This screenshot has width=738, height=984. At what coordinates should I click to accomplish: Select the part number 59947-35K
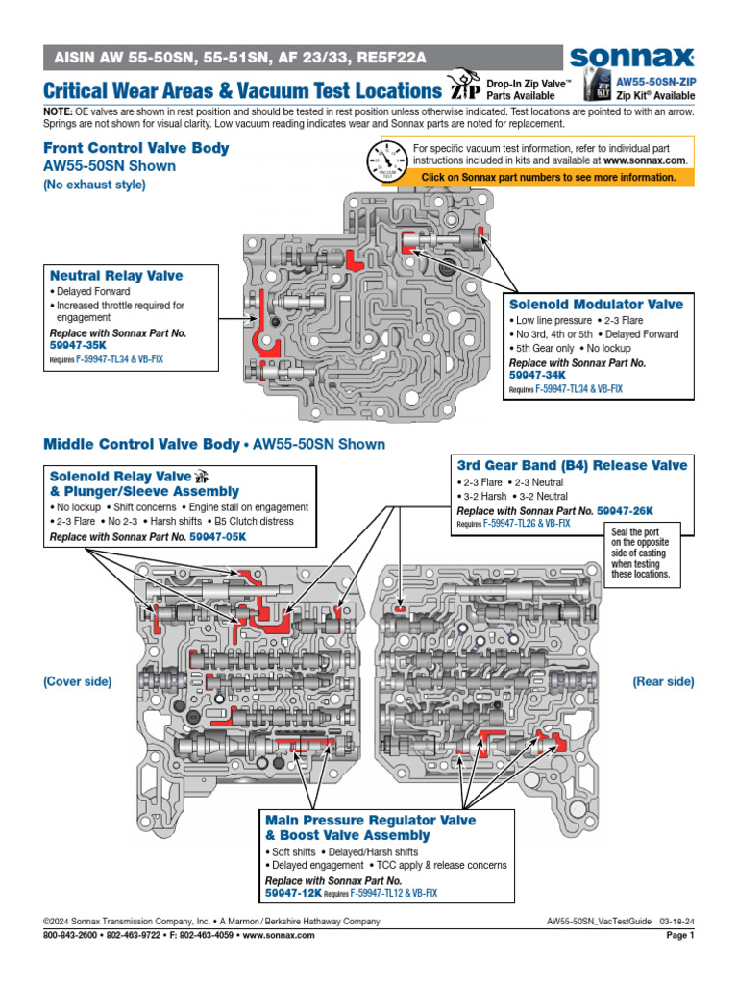tap(77, 345)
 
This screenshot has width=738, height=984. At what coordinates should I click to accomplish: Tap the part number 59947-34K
tap(536, 376)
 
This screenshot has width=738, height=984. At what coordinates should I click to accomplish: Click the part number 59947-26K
tap(625, 512)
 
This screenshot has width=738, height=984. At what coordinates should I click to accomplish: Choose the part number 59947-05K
tap(217, 536)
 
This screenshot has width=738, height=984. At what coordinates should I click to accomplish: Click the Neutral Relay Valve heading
tap(116, 276)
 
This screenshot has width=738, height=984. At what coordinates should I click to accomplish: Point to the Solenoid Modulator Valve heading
tap(596, 305)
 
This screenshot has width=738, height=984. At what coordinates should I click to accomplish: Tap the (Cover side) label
tap(77, 681)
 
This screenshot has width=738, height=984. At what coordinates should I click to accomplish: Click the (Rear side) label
tap(662, 681)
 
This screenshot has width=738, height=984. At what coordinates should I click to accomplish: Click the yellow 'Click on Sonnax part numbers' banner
tap(548, 178)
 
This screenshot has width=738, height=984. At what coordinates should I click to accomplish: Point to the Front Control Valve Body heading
tap(136, 148)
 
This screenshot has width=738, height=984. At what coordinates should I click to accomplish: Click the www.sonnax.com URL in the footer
tap(287, 935)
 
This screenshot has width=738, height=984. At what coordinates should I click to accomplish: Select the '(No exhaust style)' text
tap(95, 184)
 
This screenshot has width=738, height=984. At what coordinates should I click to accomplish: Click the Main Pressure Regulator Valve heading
tap(370, 822)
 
